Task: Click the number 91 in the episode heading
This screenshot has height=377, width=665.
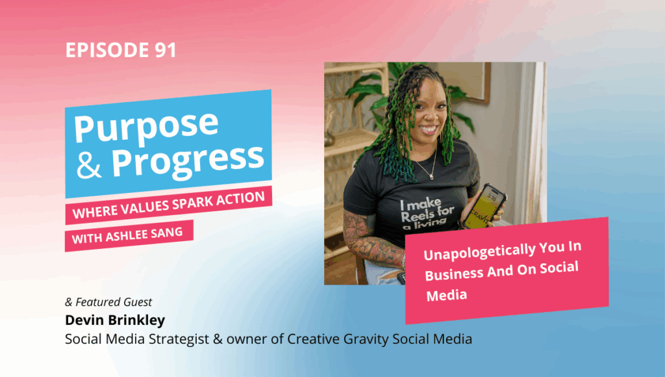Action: pos(165,50)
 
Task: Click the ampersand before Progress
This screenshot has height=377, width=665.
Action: pos(89,166)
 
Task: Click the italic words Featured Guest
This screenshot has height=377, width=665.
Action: pos(114,302)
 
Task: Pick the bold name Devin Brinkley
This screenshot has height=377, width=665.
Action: pos(115,320)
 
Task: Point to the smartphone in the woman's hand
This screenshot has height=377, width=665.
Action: pos(483,206)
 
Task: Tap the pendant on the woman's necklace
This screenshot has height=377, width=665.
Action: pos(431,175)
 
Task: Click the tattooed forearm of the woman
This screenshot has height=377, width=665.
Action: pos(373,240)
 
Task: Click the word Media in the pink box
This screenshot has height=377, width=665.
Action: pos(447,295)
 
